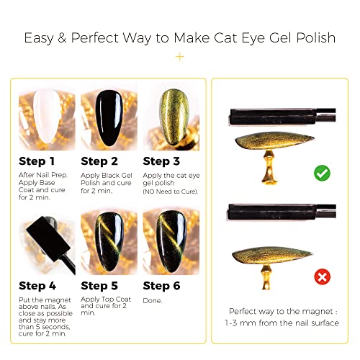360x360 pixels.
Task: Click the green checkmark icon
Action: [x=322, y=173]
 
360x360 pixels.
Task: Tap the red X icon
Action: [x=322, y=276]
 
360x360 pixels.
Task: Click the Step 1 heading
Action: [x=37, y=161]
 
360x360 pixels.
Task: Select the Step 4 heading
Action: [x=37, y=286]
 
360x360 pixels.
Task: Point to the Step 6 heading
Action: [x=161, y=286]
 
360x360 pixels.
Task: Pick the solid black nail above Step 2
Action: [x=109, y=118]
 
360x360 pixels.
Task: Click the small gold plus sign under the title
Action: [x=180, y=57]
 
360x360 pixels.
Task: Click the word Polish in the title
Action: [x=315, y=37]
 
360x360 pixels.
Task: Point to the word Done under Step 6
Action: [x=153, y=301]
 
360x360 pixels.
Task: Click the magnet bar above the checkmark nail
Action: [x=282, y=117]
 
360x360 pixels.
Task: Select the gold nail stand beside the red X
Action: [x=266, y=276]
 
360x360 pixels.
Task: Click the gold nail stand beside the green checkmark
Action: [x=269, y=167]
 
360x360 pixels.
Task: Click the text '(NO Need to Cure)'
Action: [x=171, y=192]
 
